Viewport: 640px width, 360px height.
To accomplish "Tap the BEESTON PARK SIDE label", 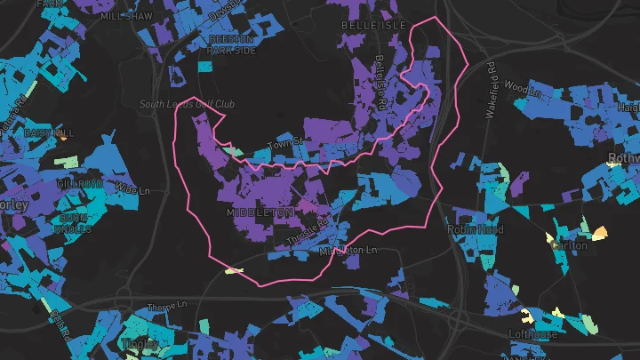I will point(231,45).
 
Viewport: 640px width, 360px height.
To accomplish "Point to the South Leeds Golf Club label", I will point(187,104).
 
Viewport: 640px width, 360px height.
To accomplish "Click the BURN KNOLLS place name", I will point(75,223).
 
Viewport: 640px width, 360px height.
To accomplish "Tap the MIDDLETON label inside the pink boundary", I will point(260,213).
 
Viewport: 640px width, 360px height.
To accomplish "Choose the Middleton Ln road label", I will point(348,251).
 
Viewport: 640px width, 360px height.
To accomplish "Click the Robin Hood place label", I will point(476,228).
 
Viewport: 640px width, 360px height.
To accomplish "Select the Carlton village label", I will point(569,245).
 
